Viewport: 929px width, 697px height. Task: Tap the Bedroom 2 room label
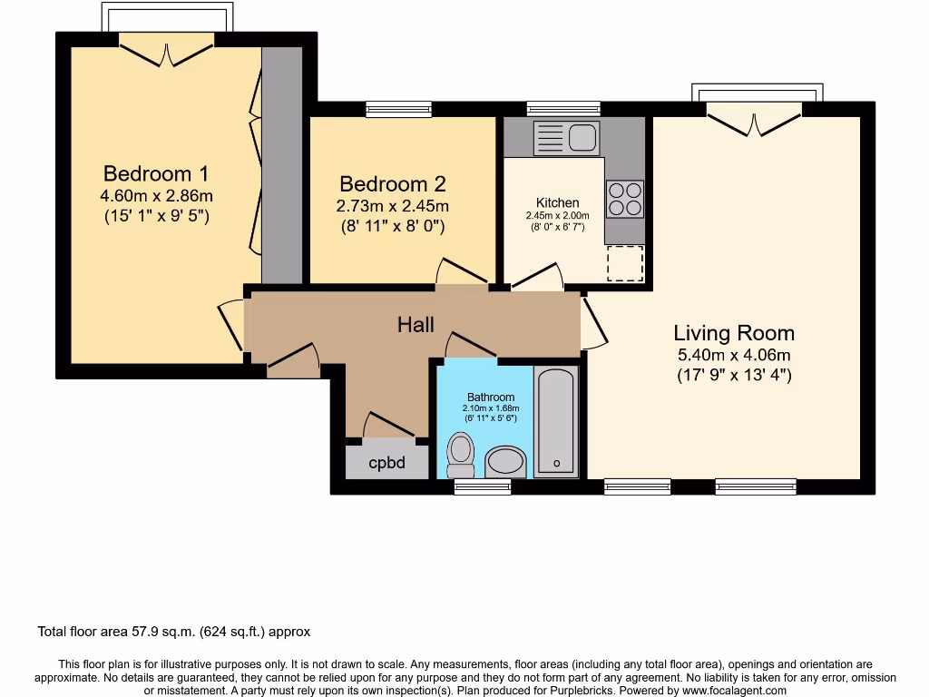[392, 184]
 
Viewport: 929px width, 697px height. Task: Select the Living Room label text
[734, 333]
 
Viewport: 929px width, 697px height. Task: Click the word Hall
[416, 324]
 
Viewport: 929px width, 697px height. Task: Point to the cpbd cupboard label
[386, 463]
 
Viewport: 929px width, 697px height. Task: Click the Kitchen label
[557, 202]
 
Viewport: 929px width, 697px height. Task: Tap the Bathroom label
[491, 397]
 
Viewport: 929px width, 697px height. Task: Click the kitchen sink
[565, 138]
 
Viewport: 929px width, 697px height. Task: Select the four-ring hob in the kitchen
[624, 199]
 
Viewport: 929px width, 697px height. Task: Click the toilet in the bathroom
[462, 453]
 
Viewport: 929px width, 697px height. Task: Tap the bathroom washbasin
[506, 462]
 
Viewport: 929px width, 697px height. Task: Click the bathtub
[556, 421]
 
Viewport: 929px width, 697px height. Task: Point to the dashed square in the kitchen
[623, 263]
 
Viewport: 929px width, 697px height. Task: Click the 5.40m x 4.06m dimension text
[734, 355]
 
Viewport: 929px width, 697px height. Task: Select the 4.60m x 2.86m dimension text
[156, 195]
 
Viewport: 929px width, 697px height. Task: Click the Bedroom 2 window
[398, 109]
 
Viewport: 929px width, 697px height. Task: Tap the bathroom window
[483, 487]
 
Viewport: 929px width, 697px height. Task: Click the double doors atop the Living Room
[754, 118]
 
